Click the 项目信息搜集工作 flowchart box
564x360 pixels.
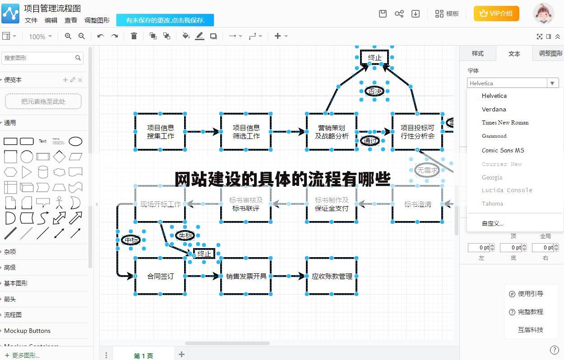pyautogui.click(x=160, y=132)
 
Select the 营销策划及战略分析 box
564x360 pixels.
pyautogui.click(x=332, y=132)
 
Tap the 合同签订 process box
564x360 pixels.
pyautogui.click(x=160, y=276)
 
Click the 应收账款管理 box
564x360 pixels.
pyautogui.click(x=332, y=276)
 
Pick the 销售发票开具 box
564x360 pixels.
pyautogui.click(x=246, y=276)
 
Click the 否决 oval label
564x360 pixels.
pyautogui.click(x=374, y=91)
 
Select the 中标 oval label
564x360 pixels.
pyautogui.click(x=131, y=240)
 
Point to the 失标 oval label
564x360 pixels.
pyautogui.click(x=185, y=235)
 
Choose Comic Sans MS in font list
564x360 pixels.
pyautogui.click(x=503, y=150)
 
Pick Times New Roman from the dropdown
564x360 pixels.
pyautogui.click(x=505, y=122)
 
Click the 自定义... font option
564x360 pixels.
pyautogui.click(x=492, y=223)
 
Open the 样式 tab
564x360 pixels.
pyautogui.click(x=477, y=54)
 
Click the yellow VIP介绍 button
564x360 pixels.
pyautogui.click(x=496, y=14)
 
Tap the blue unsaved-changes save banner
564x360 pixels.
pyautogui.click(x=165, y=20)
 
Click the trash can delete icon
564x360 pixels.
pyautogui.click(x=134, y=36)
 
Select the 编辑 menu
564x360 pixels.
pyautogui.click(x=51, y=20)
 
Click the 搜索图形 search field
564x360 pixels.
pyautogui.click(x=38, y=58)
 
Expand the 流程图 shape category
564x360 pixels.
pyautogui.click(x=13, y=315)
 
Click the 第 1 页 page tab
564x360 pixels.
pyautogui.click(x=143, y=355)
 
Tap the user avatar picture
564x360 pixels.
pyautogui.click(x=543, y=14)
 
